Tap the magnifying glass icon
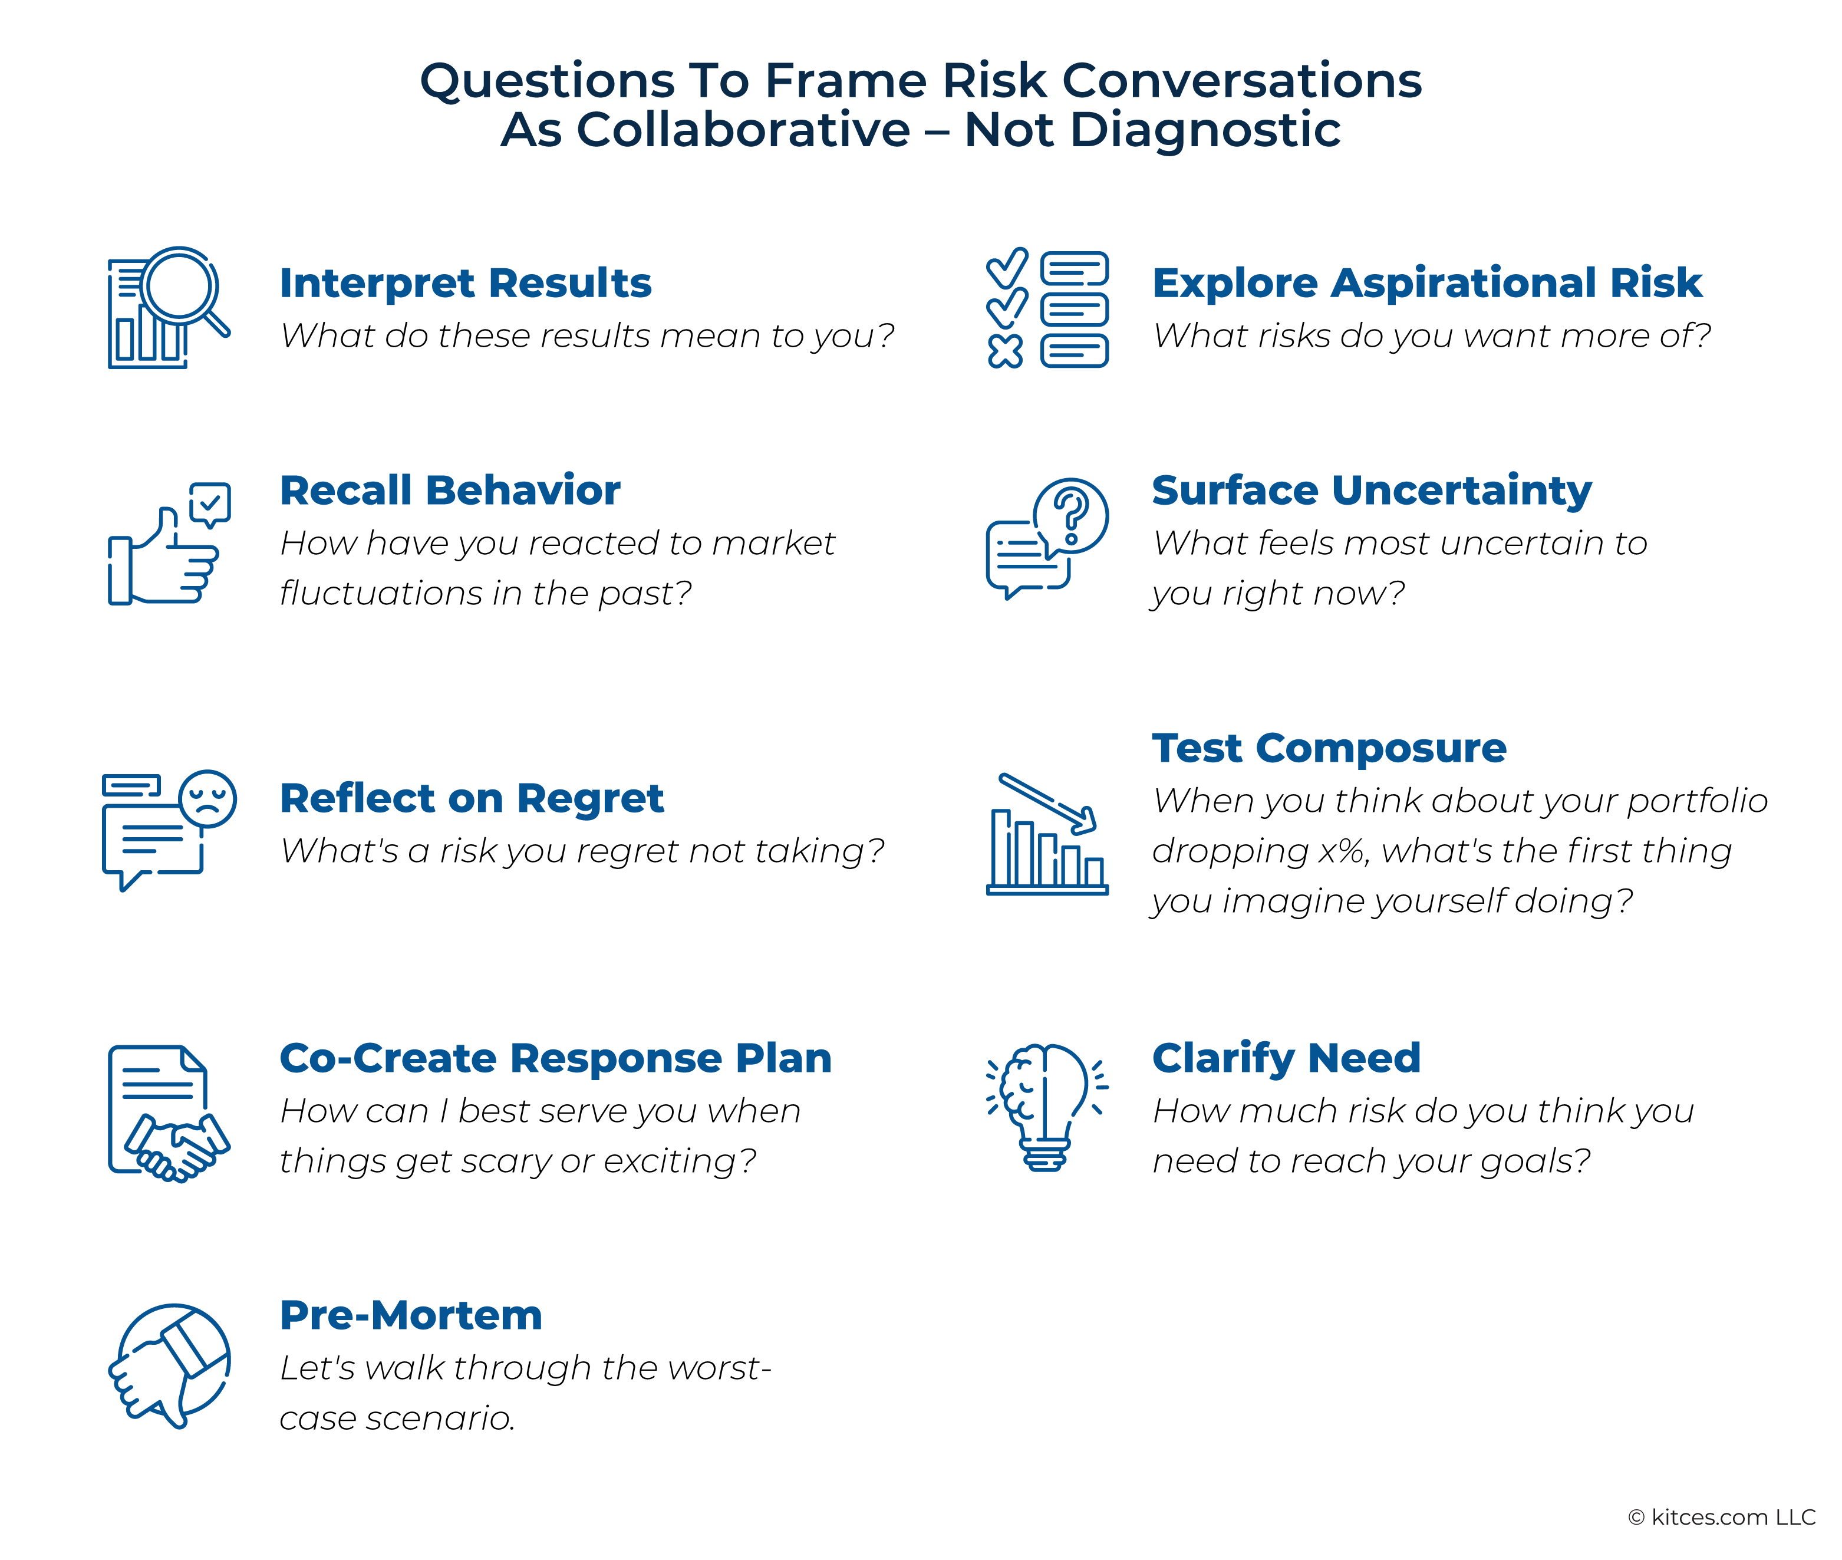tap(182, 288)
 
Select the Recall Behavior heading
tap(449, 491)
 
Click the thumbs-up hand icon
tap(164, 557)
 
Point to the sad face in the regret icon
tap(207, 798)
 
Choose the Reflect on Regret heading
tap(472, 798)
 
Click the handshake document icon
tap(168, 1113)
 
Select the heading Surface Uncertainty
tap(1372, 491)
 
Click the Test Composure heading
tap(1329, 749)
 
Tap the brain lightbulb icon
tap(1047, 1107)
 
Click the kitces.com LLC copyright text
tap(1721, 1516)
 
